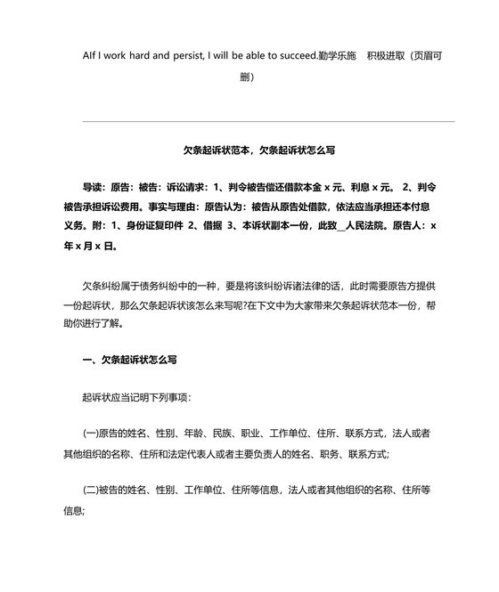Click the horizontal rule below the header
click(268, 121)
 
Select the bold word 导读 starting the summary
click(94, 188)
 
